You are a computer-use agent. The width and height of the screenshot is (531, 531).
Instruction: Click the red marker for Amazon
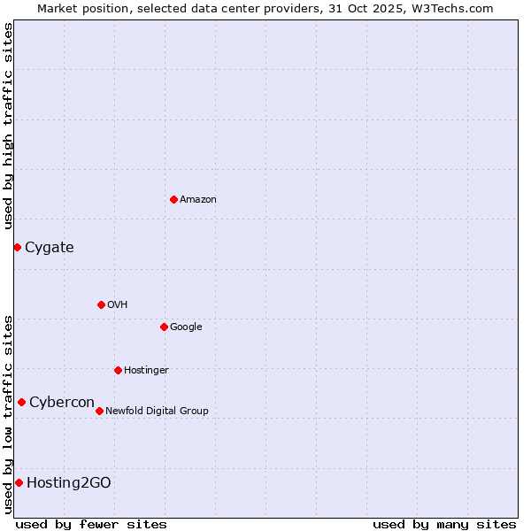(173, 199)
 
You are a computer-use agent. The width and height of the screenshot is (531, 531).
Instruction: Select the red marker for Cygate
(17, 247)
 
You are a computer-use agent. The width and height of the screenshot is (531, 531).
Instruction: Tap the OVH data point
(101, 304)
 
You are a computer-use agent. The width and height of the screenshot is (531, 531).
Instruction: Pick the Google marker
(164, 327)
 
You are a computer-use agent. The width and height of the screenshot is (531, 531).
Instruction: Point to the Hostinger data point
(118, 370)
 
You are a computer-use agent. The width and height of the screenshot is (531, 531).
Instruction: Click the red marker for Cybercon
(21, 402)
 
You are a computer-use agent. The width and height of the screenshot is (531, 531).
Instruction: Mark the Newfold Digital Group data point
(99, 411)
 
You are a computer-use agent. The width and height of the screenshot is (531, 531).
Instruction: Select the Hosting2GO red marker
(19, 482)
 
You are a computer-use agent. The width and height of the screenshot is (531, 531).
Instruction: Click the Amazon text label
(198, 199)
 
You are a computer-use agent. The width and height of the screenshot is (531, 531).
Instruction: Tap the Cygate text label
(50, 247)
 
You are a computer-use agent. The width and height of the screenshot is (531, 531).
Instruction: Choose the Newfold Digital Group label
(158, 411)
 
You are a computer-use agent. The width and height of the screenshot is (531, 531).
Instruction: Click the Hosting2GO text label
(69, 482)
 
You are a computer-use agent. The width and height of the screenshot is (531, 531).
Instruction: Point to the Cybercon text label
(62, 402)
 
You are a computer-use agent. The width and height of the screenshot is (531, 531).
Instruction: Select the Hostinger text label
(146, 370)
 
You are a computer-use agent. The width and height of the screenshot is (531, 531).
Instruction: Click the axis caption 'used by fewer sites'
(91, 524)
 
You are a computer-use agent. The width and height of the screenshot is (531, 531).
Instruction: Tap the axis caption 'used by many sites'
(444, 524)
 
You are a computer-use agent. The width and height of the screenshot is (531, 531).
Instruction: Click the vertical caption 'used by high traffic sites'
(8, 126)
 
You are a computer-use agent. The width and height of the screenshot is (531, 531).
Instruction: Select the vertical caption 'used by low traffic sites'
(8, 413)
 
